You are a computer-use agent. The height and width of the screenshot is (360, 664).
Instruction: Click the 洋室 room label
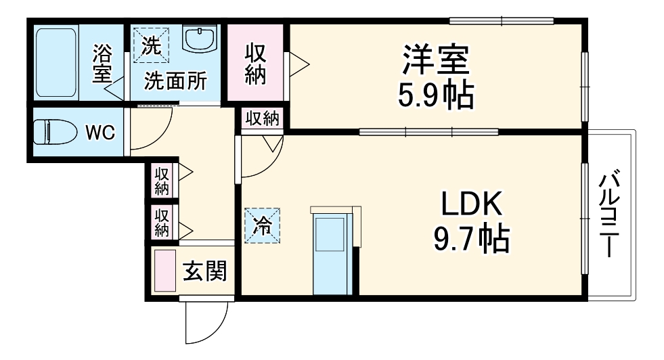[436, 60]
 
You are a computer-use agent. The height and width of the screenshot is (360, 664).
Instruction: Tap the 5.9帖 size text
[435, 96]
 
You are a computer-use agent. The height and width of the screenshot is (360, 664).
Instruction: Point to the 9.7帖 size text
[472, 238]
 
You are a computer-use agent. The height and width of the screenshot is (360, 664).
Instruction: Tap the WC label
[99, 132]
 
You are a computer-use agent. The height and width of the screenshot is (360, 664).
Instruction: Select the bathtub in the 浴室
[56, 63]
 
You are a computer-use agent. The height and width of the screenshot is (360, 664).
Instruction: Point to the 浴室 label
[102, 62]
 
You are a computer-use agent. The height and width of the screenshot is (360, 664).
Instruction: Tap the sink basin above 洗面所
[200, 41]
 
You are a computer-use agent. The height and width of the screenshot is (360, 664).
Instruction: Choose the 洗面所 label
[175, 82]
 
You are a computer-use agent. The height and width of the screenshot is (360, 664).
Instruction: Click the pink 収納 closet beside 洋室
[255, 64]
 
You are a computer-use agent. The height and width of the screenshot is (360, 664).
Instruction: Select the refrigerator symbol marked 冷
[261, 225]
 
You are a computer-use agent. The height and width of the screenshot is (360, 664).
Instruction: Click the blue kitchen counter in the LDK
[332, 252]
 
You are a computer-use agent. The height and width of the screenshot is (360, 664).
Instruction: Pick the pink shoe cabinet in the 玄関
[164, 270]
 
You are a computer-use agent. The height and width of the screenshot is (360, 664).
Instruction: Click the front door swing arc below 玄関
[207, 323]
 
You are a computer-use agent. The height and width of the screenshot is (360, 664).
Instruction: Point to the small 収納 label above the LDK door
[262, 118]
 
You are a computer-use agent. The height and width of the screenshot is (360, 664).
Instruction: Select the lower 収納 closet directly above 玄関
[162, 222]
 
